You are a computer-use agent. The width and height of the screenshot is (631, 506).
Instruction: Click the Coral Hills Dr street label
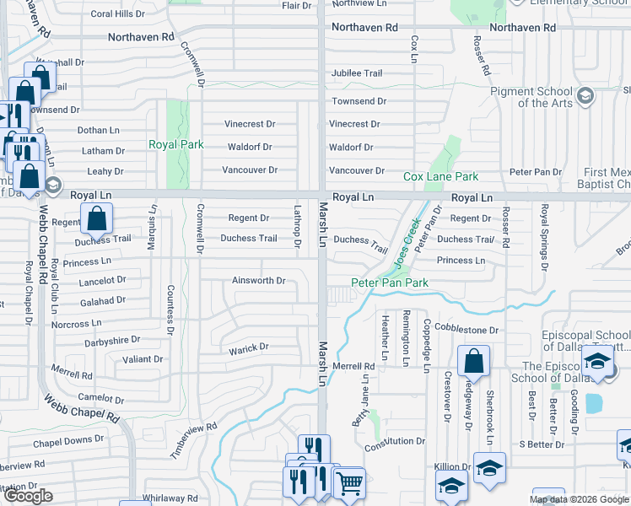[x=118, y=13]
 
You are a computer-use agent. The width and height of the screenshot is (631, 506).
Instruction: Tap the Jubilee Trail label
[x=358, y=73]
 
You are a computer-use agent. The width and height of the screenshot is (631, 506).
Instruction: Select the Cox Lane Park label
[x=440, y=176]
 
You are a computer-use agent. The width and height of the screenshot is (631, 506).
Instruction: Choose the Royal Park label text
[x=176, y=144]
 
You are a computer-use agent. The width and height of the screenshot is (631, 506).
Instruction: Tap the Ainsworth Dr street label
[x=259, y=280]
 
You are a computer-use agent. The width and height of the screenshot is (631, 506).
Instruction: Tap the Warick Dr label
[x=249, y=347]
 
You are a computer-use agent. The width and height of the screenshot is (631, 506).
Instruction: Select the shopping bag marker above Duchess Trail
[x=97, y=219]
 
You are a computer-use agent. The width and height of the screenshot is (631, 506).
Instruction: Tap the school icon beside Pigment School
[x=584, y=97]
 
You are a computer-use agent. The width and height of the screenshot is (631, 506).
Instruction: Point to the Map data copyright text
[x=580, y=499]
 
